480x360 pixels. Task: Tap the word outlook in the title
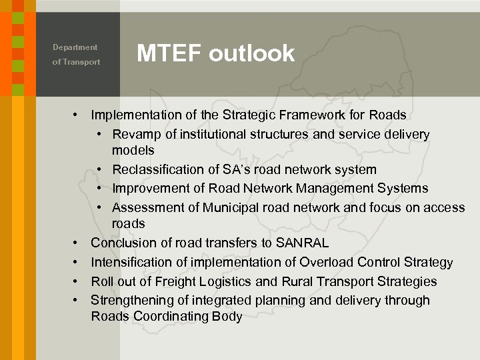[x=251, y=53]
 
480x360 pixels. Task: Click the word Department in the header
[x=75, y=47]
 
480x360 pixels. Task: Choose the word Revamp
[x=136, y=134]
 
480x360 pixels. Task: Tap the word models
[x=133, y=151]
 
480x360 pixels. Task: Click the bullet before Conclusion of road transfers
[x=77, y=243]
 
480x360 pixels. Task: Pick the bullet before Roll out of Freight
[x=77, y=281]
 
